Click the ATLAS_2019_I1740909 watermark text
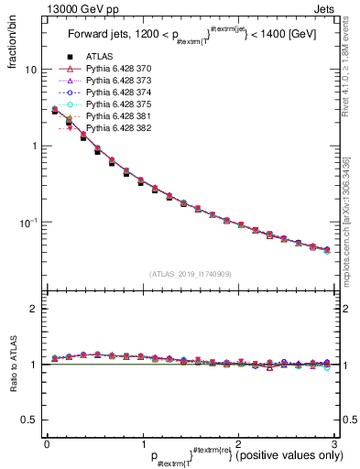[190, 273]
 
